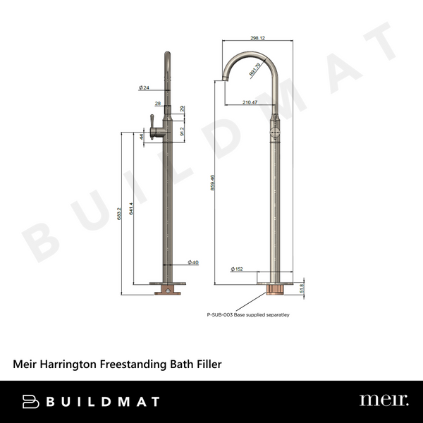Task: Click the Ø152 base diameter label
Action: [238, 269]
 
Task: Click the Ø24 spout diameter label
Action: [144, 87]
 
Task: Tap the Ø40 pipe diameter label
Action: [193, 262]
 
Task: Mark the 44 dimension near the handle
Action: [142, 136]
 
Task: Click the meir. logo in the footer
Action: [383, 400]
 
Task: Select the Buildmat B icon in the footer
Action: [30, 401]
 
